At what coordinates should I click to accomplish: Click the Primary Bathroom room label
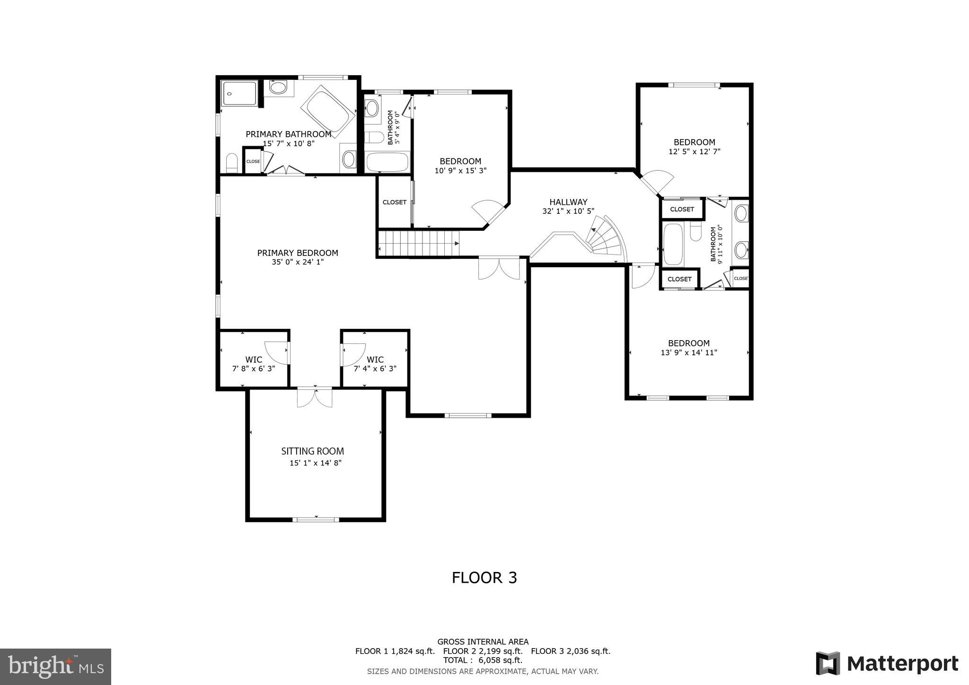(288, 134)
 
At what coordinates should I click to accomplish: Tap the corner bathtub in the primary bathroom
(327, 111)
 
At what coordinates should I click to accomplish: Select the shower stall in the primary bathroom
(240, 93)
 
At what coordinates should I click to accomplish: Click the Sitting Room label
(312, 451)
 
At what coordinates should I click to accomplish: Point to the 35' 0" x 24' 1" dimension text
(298, 262)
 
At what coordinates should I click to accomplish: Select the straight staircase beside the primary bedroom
(418, 243)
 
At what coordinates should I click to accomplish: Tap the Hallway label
(568, 202)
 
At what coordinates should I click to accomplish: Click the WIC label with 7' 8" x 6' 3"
(254, 360)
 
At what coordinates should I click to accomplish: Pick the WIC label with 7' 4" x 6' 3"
(375, 360)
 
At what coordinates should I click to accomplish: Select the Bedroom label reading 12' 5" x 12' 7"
(694, 142)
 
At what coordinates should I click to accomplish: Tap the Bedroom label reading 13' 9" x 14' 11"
(688, 343)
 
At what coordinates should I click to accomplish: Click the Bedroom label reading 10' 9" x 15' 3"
(460, 161)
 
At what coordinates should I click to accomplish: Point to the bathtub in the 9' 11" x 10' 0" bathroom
(673, 245)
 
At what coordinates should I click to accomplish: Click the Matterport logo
(887, 664)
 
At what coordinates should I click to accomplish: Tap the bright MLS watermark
(55, 667)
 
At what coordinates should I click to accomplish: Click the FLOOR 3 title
(484, 578)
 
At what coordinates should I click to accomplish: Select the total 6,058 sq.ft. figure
(483, 660)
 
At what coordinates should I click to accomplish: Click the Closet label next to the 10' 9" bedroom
(394, 202)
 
